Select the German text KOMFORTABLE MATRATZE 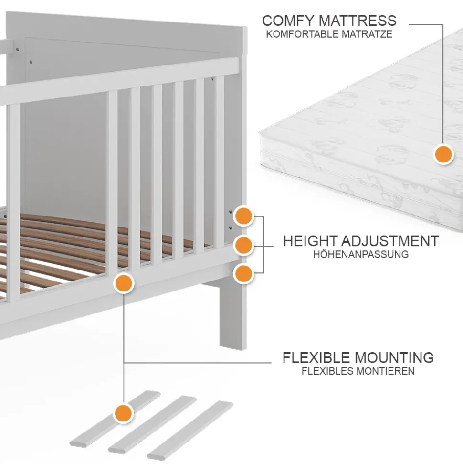329,34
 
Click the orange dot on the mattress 443,155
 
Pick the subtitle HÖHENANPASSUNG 361,254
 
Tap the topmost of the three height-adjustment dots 244,216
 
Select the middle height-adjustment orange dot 244,245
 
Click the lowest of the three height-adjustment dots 244,274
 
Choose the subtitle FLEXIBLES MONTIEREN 358,371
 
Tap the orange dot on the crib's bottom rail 124,283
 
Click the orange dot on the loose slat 124,412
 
